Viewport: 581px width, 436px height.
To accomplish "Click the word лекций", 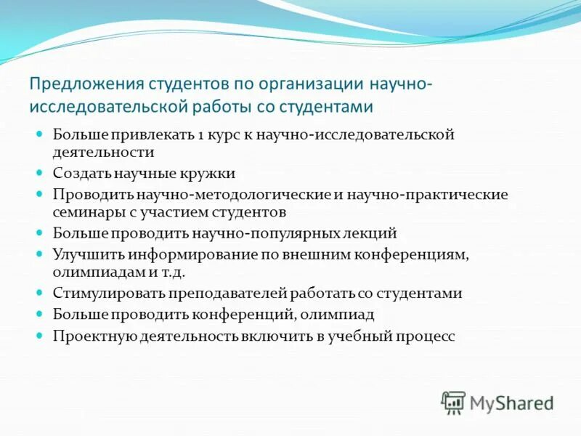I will pyautogui.click(x=373, y=233).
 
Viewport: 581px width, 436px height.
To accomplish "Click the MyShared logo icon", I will pyautogui.click(x=453, y=402).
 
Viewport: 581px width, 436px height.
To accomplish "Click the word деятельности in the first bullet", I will pyautogui.click(x=103, y=153).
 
